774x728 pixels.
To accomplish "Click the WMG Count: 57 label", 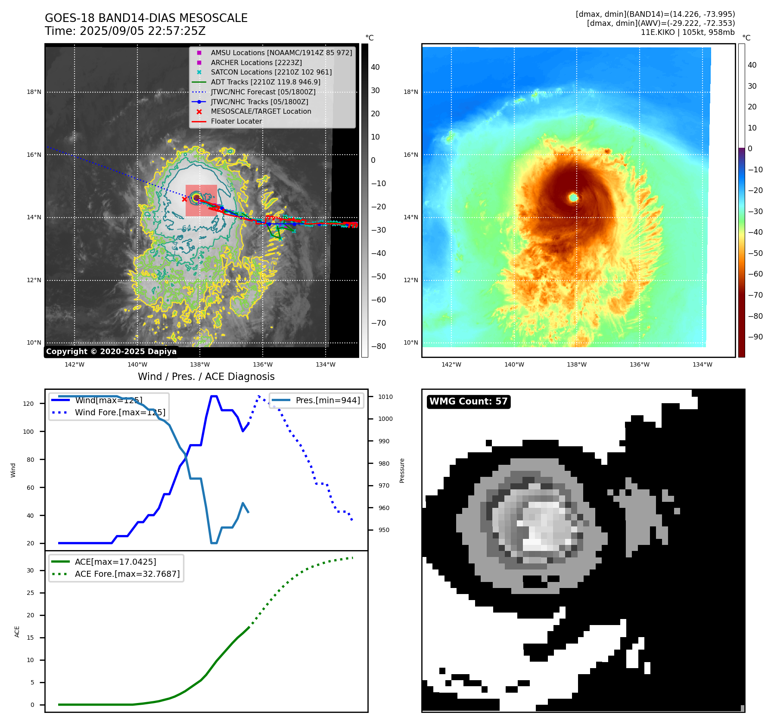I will (x=468, y=401).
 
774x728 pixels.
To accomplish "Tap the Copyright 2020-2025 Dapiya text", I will (x=111, y=352).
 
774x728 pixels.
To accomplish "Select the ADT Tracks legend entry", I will (x=265, y=82).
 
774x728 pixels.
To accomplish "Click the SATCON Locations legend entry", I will (x=271, y=72).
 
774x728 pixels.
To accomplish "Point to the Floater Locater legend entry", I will (x=236, y=121).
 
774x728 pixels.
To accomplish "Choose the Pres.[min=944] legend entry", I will (x=327, y=400).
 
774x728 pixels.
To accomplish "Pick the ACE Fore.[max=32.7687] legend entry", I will (x=127, y=574).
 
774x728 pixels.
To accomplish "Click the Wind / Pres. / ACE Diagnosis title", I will (x=206, y=376).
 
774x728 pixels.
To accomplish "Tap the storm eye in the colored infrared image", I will (x=573, y=197).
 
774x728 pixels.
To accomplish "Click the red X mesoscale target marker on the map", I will (x=185, y=199).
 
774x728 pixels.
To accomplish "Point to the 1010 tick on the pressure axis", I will (x=385, y=397).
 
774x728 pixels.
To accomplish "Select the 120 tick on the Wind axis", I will (x=28, y=404).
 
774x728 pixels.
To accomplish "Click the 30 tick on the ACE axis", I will (x=30, y=570).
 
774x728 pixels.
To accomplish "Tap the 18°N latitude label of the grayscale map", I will (x=34, y=92).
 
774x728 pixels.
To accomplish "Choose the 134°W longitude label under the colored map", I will (x=702, y=364).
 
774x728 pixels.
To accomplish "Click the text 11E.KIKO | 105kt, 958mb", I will (x=687, y=32).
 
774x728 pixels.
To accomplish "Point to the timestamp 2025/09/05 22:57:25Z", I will (x=143, y=31).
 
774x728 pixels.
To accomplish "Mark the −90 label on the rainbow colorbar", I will (x=755, y=337).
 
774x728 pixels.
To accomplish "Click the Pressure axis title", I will (x=402, y=470).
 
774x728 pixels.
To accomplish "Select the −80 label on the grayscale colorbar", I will (x=379, y=346).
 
